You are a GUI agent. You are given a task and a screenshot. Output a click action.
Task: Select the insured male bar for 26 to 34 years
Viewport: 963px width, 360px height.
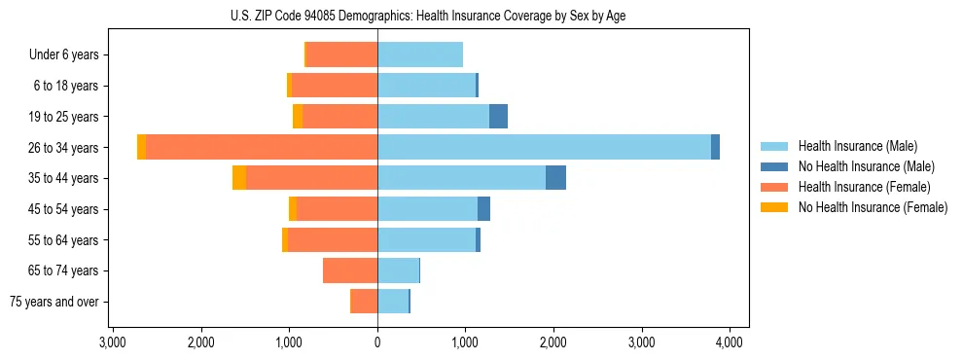[x=544, y=147]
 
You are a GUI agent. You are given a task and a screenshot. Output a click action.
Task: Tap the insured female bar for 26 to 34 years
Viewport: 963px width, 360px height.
[x=261, y=147]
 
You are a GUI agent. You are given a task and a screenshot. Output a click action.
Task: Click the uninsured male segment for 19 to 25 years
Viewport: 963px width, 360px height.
[x=498, y=117]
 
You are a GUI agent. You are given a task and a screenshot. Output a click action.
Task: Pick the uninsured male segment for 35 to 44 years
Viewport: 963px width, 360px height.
[x=555, y=178]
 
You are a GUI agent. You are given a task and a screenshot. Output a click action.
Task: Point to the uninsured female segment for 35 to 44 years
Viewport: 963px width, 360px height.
[x=239, y=178]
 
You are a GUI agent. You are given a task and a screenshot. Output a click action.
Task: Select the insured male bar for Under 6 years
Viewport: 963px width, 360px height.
[x=420, y=54]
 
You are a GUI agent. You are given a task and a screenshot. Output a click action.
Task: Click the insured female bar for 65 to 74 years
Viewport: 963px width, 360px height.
[x=350, y=270]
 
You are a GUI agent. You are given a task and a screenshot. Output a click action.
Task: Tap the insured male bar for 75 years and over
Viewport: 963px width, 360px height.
[x=393, y=302]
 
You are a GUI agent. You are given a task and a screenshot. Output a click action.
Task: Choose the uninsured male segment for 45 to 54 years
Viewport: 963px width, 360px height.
[x=483, y=209]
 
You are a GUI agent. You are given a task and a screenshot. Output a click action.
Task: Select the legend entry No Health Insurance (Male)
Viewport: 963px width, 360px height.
[x=860, y=166]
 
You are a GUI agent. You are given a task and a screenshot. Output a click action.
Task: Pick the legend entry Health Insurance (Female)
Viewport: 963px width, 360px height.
[x=858, y=187]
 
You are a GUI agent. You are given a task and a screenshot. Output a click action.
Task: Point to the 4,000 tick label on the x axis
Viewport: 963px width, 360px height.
[x=730, y=342]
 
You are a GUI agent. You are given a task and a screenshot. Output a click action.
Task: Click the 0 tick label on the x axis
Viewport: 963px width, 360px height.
[x=377, y=342]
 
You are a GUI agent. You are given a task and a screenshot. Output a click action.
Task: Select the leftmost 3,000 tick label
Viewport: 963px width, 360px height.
[x=113, y=342]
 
